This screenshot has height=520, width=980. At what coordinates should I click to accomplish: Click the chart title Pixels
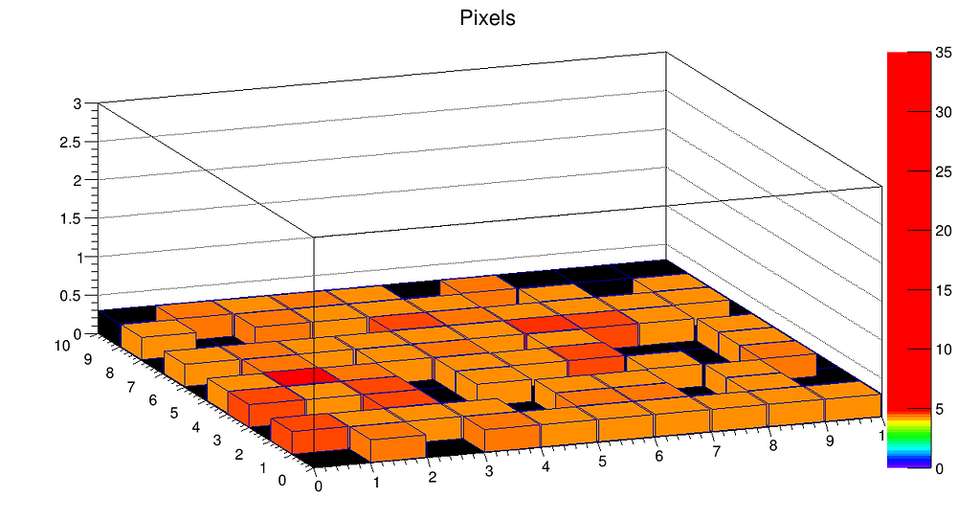(x=488, y=18)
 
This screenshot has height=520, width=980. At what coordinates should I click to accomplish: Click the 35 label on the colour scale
(x=946, y=54)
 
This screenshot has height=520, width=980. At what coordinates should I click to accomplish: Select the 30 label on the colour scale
(x=946, y=112)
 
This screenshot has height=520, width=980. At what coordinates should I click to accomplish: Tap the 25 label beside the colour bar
(x=946, y=171)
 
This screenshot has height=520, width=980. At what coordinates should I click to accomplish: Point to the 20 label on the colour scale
(x=946, y=231)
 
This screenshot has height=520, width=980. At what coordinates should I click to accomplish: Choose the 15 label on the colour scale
(x=946, y=290)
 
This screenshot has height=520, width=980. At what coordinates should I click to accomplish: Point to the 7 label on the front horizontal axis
(x=715, y=451)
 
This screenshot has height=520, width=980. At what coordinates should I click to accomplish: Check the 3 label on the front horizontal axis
(x=489, y=472)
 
